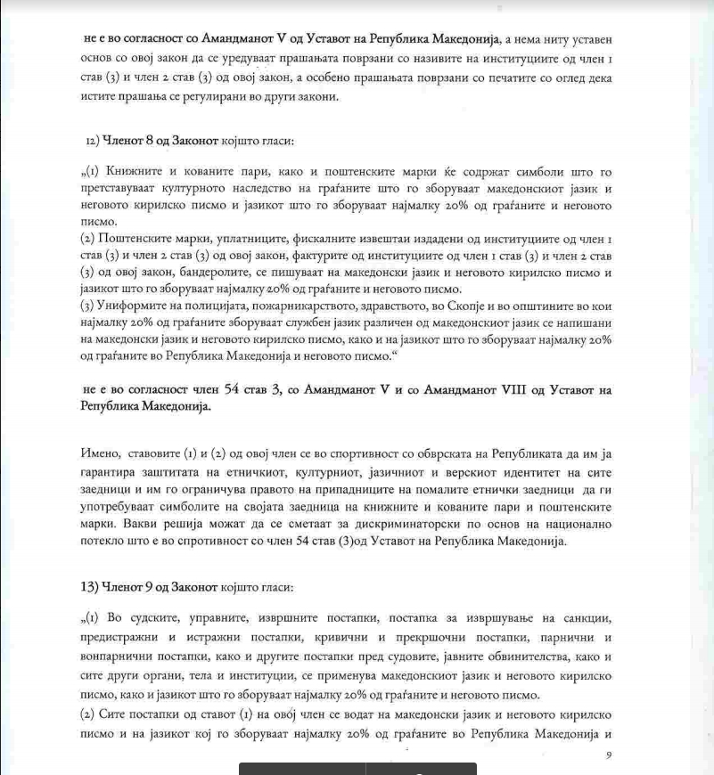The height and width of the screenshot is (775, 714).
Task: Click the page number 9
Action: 608,755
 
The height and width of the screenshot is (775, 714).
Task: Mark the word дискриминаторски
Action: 378,524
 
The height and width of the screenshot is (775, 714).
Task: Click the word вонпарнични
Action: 114,656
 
